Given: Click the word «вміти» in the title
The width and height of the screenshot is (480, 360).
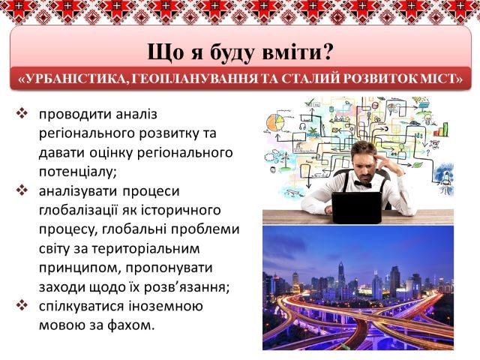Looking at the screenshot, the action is tap(289, 52).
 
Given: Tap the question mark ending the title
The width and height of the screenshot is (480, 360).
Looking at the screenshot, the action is tap(326, 52).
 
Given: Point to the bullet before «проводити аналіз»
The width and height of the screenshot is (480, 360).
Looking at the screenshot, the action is tap(22, 113).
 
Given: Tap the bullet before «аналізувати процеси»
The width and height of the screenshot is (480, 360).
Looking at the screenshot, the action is tap(22, 190).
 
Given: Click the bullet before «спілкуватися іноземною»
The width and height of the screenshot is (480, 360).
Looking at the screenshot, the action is tap(22, 305).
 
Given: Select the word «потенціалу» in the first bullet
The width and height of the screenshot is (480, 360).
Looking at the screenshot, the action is tap(78, 172).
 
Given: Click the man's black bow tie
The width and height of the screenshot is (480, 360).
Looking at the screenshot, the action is tap(363, 184).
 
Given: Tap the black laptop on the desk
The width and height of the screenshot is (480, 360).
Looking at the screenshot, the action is tap(357, 208).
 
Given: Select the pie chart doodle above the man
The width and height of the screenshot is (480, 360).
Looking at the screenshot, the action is tap(275, 124).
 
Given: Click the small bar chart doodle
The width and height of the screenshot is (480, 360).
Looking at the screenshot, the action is tap(442, 130).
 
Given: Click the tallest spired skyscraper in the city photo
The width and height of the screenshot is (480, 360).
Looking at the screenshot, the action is tap(341, 279).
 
